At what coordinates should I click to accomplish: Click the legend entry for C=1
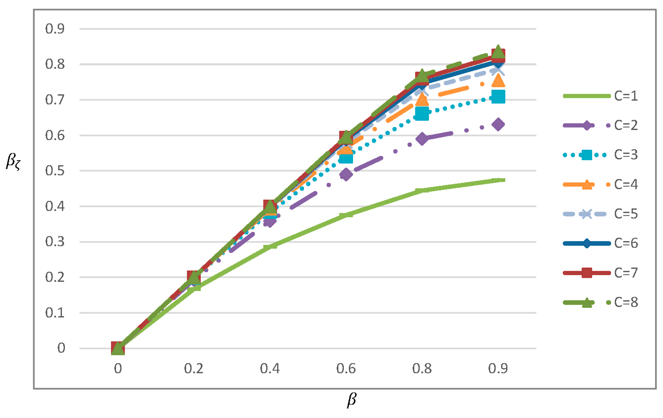click(625, 96)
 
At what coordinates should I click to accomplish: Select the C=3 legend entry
click(625, 155)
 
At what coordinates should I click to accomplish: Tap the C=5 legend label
click(625, 214)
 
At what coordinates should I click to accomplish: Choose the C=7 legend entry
click(625, 273)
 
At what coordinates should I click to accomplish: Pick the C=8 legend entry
click(625, 302)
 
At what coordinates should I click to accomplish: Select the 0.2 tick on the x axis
click(194, 369)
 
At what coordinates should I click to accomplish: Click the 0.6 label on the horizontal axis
click(346, 369)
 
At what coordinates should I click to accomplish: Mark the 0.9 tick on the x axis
click(498, 369)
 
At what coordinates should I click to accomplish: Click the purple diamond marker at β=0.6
click(346, 174)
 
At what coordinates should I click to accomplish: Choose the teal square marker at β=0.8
click(422, 113)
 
